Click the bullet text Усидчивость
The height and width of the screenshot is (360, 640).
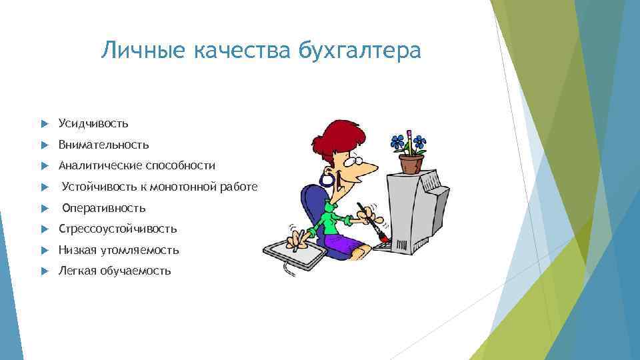93,123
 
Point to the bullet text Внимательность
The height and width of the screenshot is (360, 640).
103,145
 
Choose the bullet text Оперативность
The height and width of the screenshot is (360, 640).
103,208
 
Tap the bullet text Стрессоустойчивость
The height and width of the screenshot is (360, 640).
117,229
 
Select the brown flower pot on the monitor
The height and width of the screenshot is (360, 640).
411,163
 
